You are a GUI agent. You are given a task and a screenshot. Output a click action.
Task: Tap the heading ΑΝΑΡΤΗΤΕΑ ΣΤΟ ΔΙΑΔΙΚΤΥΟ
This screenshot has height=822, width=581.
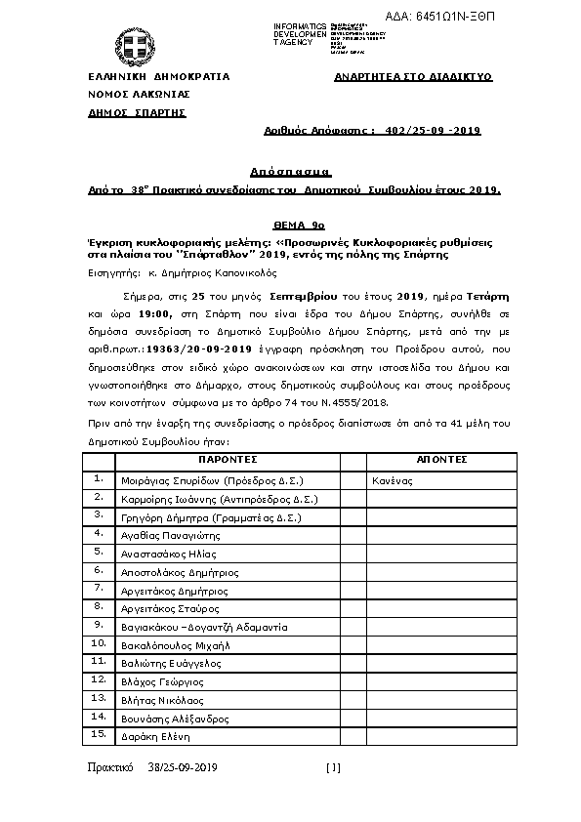[x=412, y=76]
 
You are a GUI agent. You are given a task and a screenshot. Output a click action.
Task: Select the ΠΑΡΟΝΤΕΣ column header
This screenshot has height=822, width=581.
[x=227, y=459]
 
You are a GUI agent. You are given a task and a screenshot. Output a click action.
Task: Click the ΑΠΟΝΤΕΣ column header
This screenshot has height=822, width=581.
[x=441, y=459]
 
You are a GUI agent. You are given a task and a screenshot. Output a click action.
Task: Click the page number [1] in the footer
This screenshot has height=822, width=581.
[x=333, y=768]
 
